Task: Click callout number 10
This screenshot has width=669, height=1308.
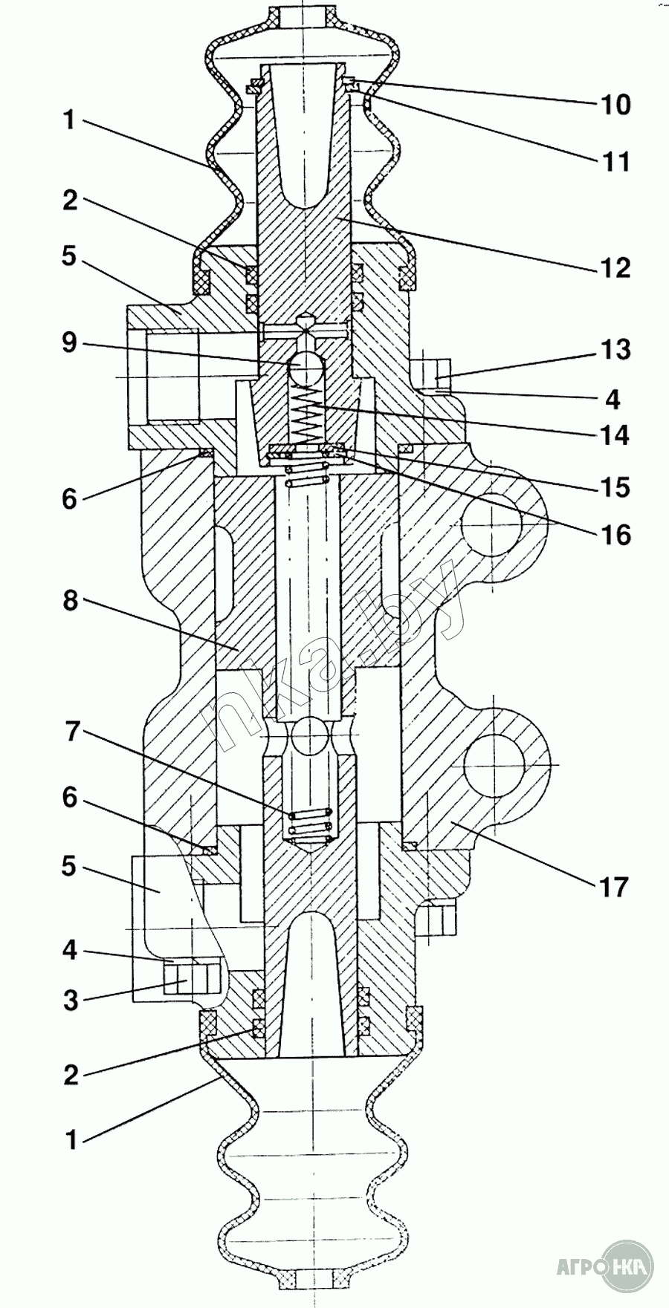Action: point(615,104)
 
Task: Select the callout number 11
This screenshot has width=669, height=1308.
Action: point(615,160)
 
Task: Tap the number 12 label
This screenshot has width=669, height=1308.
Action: point(615,267)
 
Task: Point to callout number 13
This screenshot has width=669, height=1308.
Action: point(615,349)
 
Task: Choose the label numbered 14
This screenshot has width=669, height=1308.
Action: point(615,434)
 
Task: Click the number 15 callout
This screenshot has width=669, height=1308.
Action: point(615,487)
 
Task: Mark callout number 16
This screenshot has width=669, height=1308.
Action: point(615,535)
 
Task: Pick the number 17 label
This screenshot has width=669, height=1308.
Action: point(615,886)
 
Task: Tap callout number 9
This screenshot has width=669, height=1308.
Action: point(69,343)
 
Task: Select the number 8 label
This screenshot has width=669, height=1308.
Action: point(70,601)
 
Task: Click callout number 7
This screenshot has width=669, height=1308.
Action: point(70,732)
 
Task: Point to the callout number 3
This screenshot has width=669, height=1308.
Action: point(70,1000)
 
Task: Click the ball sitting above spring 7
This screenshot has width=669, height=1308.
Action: point(311,736)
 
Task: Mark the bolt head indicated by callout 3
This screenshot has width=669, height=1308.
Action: point(193,977)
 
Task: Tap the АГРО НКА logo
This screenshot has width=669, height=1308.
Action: point(606,1265)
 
